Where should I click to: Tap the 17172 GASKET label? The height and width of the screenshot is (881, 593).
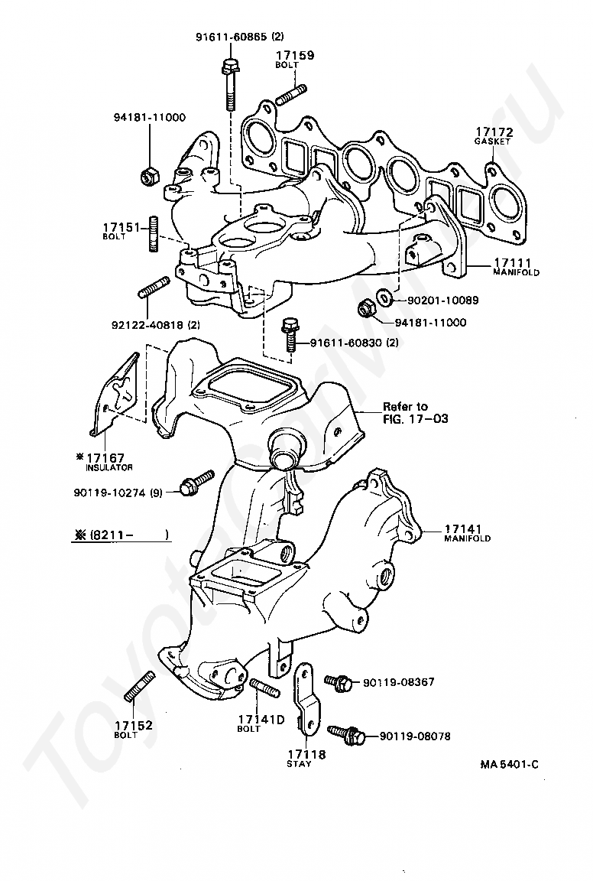coord(494,135)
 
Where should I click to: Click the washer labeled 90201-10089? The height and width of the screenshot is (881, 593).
coord(386,296)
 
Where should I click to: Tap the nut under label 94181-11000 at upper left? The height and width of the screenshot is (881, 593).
coord(150,177)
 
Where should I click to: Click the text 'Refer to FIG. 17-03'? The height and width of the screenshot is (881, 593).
coord(416,412)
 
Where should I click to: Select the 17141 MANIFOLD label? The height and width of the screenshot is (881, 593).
coord(467,532)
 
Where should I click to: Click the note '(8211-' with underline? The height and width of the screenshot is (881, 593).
coord(122,535)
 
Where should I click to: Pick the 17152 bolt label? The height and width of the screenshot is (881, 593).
coord(134,728)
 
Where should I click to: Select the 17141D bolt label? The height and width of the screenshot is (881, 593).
coord(261,722)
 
